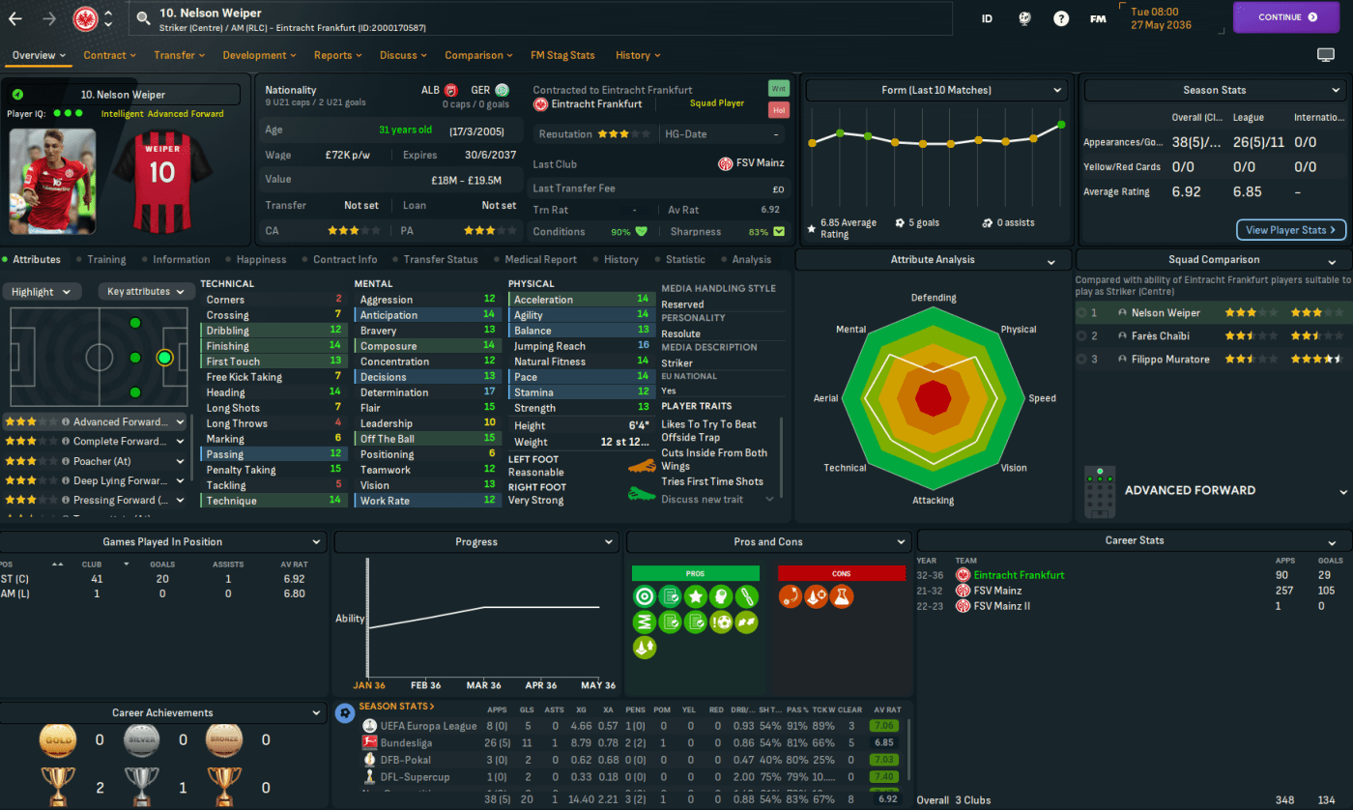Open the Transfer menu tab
[174, 55]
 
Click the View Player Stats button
[1290, 230]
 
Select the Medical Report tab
[540, 259]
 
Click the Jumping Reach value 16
[643, 346]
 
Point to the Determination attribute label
[393, 392]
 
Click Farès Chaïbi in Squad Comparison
[1162, 336]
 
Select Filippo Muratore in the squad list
[1169, 360]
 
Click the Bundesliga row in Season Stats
[405, 743]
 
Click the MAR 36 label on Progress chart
[482, 685]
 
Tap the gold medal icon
[57, 740]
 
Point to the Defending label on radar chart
[933, 298]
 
